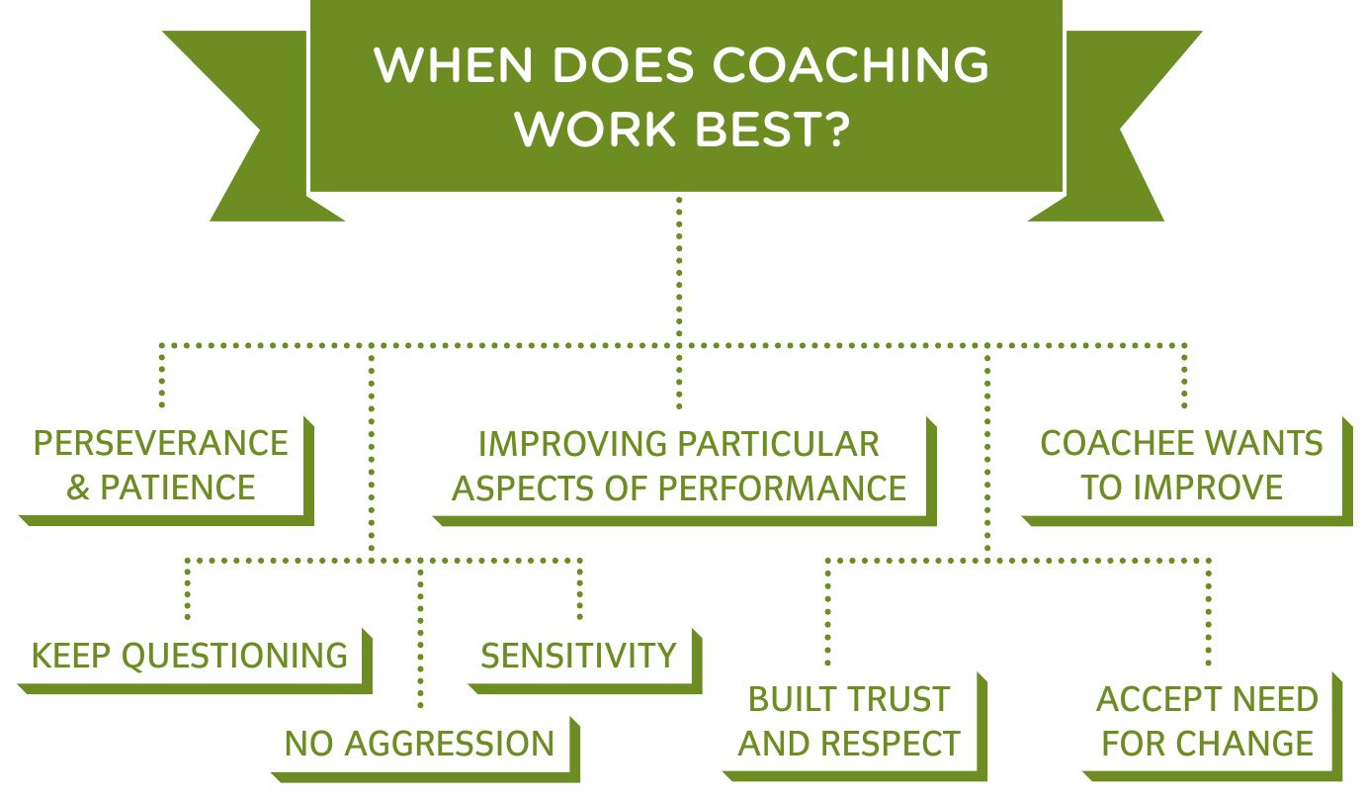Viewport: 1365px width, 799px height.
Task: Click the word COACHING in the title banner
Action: point(851,65)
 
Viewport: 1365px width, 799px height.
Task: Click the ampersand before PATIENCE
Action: point(78,488)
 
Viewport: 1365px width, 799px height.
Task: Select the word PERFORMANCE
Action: point(808,488)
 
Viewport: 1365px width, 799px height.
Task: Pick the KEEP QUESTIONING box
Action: point(191,656)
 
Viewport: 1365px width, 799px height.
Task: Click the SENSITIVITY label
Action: point(578,656)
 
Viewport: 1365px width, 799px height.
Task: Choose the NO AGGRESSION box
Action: point(420,744)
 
